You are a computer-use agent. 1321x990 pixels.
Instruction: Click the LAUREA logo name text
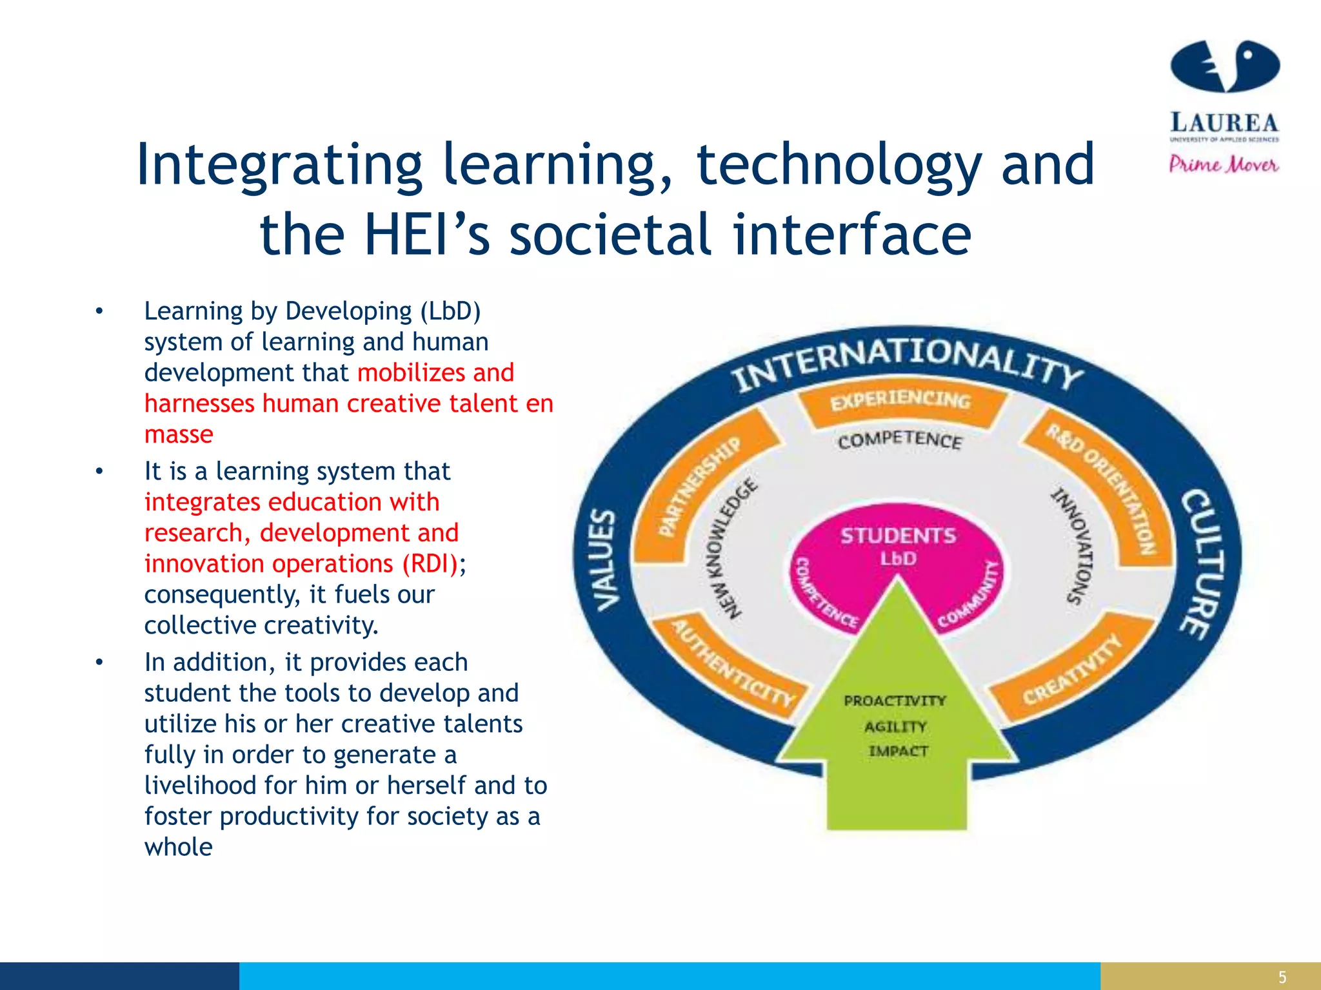tap(1224, 122)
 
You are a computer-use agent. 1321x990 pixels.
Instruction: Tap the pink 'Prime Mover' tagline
tap(1224, 164)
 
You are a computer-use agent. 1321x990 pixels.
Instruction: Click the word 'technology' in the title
tap(839, 165)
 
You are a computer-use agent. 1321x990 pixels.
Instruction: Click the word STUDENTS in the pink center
tap(898, 536)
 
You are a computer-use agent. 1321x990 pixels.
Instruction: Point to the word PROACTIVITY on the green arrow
tap(895, 701)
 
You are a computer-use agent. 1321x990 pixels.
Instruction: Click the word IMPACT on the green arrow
tap(898, 752)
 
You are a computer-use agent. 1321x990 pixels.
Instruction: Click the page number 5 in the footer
tap(1282, 977)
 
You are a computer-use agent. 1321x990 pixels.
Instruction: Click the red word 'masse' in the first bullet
tap(179, 434)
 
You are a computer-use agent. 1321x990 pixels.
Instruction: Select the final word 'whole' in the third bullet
tap(179, 847)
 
